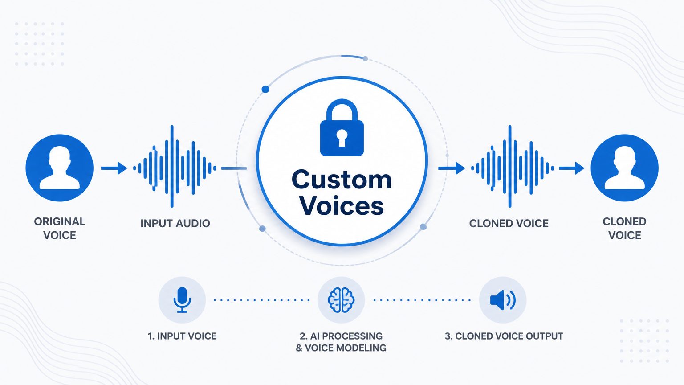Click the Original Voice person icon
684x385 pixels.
pos(60,168)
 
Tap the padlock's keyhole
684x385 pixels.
pos(342,138)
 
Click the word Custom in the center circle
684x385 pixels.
pos(342,180)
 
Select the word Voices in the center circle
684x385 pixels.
pos(342,205)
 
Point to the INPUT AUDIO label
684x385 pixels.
pos(175,223)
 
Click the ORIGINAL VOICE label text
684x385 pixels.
pos(60,228)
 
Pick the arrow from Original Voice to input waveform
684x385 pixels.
pos(114,168)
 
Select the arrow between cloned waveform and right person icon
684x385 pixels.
pos(572,168)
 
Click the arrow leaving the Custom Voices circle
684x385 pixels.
pos(452,168)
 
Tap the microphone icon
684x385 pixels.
pos(182,300)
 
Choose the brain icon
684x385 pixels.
pos(341,300)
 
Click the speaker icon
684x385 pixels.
pos(503,300)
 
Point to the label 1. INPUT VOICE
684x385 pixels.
pos(182,336)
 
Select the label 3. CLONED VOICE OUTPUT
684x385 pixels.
pos(504,336)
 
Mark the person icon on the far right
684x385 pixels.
pos(624,168)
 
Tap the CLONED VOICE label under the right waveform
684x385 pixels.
pos(509,223)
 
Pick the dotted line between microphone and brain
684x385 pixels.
pos(262,300)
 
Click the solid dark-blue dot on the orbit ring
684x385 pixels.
pos(265,89)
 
